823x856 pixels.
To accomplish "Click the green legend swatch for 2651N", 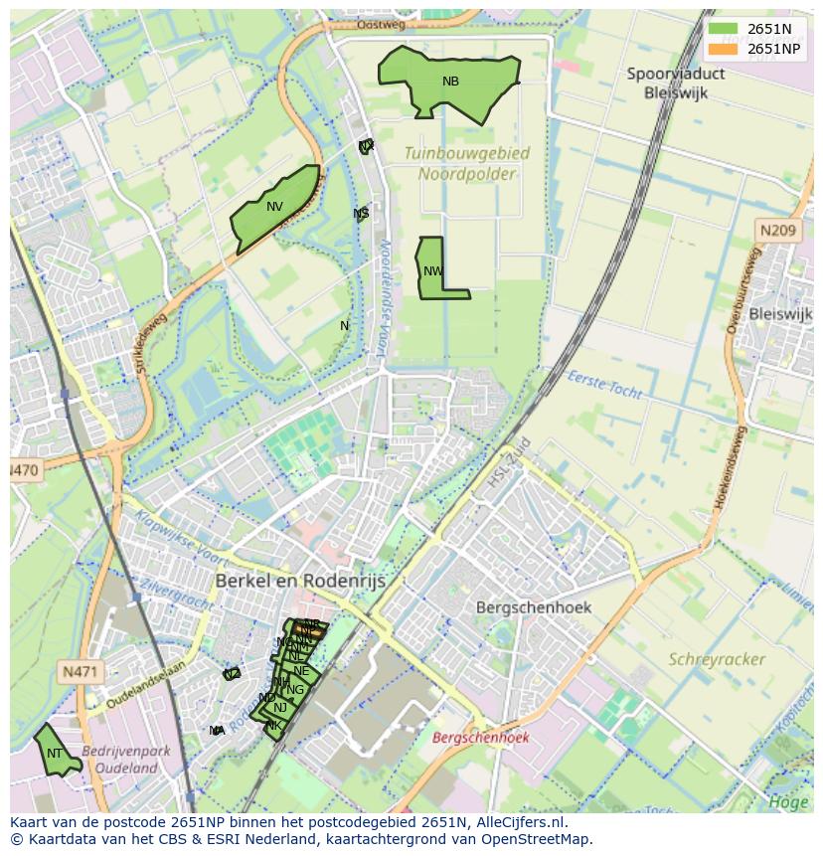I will pos(724,29).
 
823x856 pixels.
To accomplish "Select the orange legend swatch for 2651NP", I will pos(724,49).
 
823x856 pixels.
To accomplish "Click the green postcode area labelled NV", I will pos(275,209).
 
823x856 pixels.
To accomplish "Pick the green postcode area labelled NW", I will pos(432,270).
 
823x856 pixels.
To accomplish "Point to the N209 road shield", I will pos(777,231).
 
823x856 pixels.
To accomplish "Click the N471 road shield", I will pos(79,671).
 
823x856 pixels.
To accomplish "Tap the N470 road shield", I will pos(26,469).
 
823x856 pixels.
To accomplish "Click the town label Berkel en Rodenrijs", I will pos(300,581).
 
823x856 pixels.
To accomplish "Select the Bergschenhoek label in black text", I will pos(533,606).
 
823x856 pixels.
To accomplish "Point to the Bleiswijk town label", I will pos(780,314).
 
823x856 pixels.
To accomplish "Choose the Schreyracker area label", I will pos(717,659).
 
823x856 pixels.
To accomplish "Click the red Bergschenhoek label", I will pos(480,738).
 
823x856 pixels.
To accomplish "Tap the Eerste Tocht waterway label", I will pos(605,384).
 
